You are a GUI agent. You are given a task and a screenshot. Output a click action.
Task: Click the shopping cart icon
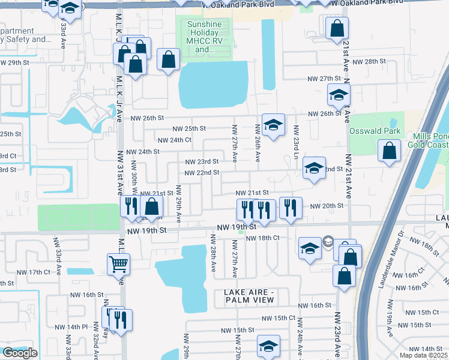click(x=118, y=263)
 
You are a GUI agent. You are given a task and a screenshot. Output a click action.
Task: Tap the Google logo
click(x=20, y=353)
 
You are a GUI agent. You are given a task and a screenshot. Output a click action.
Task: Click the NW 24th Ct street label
click(x=174, y=140)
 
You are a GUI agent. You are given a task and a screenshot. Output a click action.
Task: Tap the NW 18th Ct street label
click(x=264, y=238)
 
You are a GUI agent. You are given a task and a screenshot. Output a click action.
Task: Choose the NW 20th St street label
click(x=326, y=206)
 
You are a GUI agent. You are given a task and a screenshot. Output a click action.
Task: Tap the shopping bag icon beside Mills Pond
click(x=389, y=151)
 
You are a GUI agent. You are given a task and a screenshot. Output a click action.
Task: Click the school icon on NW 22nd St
click(x=314, y=168)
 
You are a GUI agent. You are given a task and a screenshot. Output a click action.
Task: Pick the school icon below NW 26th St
click(x=273, y=125)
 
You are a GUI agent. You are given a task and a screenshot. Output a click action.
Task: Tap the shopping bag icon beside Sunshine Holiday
click(x=169, y=60)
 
